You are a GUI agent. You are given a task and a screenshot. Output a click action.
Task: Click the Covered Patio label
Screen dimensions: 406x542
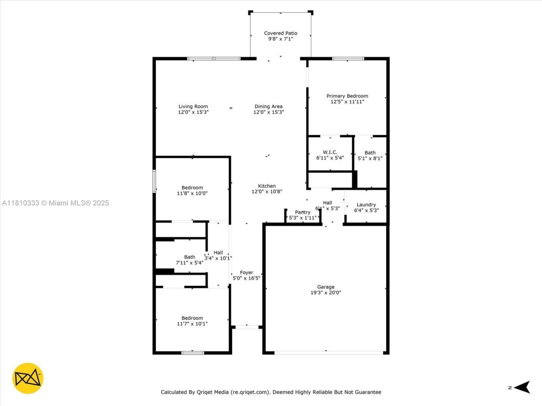[x=280, y=33]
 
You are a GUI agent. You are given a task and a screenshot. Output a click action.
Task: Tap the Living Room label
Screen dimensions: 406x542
[x=193, y=107]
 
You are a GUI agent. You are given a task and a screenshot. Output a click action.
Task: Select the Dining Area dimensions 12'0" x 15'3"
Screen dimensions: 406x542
[x=268, y=112]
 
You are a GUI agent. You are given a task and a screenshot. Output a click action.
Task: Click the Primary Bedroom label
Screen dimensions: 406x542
[x=347, y=96]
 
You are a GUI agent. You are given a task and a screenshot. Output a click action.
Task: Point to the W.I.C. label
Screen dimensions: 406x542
[x=330, y=152]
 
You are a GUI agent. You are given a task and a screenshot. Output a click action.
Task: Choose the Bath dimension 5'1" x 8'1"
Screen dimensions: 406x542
[x=370, y=159]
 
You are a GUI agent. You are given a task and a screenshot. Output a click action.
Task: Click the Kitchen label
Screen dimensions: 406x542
[x=267, y=186]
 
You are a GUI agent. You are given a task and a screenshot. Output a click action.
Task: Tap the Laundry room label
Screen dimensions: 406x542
[x=366, y=205]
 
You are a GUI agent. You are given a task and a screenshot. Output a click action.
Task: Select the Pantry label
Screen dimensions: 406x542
[x=302, y=212]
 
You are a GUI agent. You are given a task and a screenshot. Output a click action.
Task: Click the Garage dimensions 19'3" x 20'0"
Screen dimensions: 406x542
[x=326, y=293]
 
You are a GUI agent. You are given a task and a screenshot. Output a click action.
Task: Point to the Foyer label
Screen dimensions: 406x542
[x=246, y=273]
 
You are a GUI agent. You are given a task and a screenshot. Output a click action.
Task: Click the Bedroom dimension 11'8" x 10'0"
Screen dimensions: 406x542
[x=192, y=194]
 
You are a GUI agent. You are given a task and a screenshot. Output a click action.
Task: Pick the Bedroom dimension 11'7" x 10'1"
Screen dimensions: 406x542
[x=192, y=324]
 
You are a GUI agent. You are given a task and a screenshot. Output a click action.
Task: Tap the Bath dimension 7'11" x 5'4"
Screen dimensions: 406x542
[x=190, y=263]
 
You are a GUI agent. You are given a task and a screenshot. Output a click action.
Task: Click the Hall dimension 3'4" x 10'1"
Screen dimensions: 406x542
[x=218, y=258]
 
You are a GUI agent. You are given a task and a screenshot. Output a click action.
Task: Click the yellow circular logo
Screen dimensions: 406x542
[x=28, y=378]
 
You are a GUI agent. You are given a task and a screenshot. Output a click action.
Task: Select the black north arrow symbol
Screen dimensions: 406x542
[x=523, y=387]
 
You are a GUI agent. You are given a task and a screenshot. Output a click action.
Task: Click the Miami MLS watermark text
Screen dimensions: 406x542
[x=55, y=203]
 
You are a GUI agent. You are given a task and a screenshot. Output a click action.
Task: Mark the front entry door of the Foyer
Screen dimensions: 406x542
[x=247, y=326]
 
